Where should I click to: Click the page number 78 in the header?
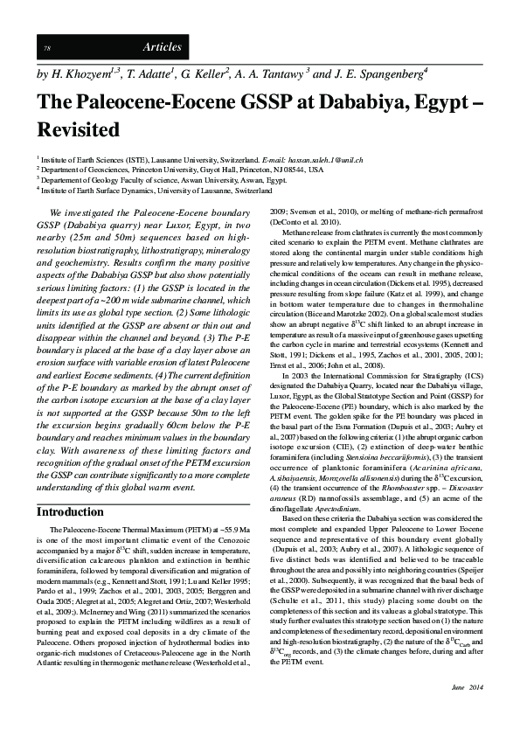(x=47, y=46)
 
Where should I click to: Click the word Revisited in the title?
(x=78, y=130)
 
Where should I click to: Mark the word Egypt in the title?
(x=423, y=101)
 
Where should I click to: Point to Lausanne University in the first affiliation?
(x=164, y=162)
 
